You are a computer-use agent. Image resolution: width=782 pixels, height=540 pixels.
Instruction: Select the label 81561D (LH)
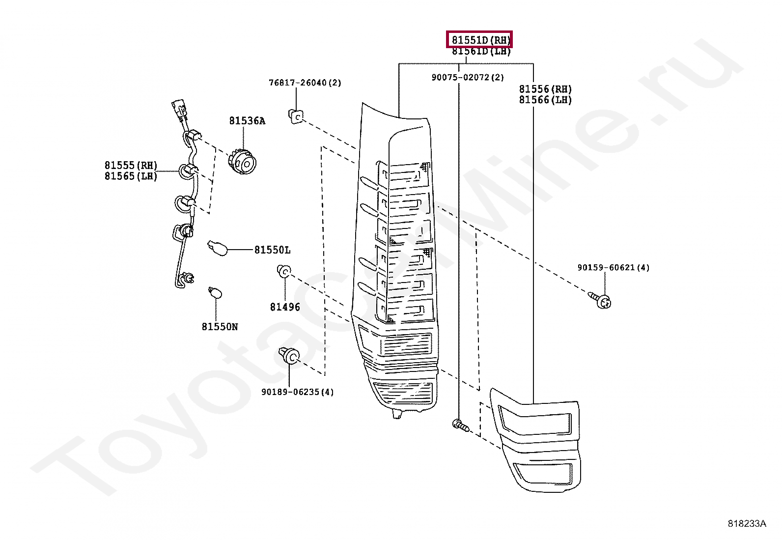click(x=481, y=52)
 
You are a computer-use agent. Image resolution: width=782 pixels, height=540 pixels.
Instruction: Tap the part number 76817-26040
click(x=305, y=83)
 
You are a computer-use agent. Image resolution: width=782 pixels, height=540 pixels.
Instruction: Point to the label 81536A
click(x=247, y=121)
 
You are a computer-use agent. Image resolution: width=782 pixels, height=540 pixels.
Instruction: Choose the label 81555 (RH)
click(x=131, y=165)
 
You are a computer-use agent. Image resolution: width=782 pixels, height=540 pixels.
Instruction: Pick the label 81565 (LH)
click(x=131, y=176)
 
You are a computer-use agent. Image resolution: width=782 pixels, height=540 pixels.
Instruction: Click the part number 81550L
click(x=272, y=250)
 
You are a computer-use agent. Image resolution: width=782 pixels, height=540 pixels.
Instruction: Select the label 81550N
click(x=220, y=326)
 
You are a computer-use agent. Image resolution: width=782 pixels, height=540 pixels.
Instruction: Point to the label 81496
click(x=285, y=307)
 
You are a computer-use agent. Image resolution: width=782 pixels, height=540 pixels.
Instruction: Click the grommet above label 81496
click(x=284, y=270)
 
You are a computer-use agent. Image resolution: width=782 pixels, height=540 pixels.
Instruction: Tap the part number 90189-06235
click(x=297, y=392)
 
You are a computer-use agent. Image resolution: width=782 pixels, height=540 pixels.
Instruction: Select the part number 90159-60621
click(x=613, y=268)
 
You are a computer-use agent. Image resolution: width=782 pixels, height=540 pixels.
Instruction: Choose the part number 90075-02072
click(x=468, y=77)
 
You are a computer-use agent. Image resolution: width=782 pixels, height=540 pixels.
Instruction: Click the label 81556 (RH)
click(x=545, y=89)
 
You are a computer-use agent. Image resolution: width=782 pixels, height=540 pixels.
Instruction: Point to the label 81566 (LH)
click(x=545, y=100)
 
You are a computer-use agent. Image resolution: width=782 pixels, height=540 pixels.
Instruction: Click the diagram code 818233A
click(x=747, y=523)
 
